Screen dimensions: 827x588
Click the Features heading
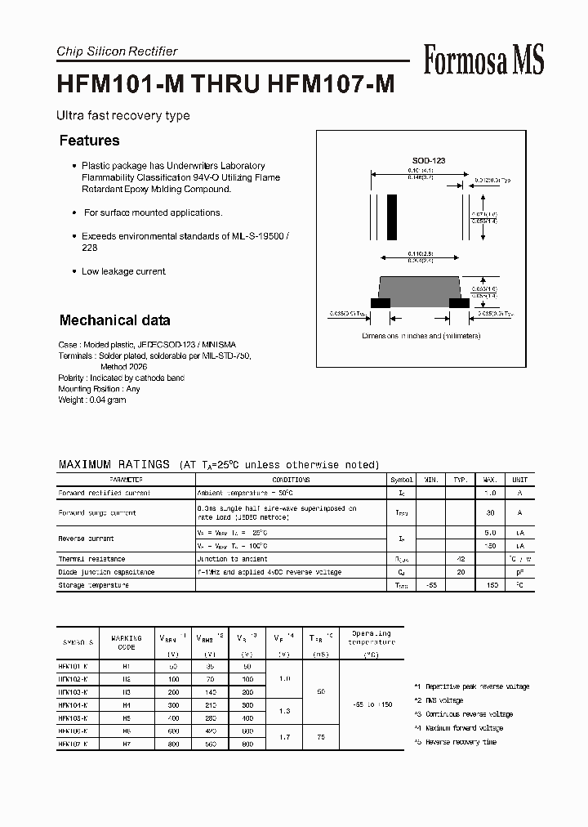pyautogui.click(x=89, y=141)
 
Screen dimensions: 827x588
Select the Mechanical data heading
pyautogui.click(x=114, y=320)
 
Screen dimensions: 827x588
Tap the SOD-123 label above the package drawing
pyautogui.click(x=428, y=161)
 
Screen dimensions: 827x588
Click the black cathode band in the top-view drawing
pyautogui.click(x=392, y=217)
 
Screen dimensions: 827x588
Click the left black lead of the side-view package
pyautogui.click(x=381, y=302)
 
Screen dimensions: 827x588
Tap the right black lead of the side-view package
pyautogui.click(x=460, y=302)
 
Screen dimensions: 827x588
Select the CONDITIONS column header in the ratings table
pyautogui.click(x=291, y=481)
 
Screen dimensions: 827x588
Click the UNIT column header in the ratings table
pyautogui.click(x=519, y=481)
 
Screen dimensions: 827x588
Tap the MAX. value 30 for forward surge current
pyautogui.click(x=491, y=512)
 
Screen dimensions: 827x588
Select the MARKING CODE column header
pyautogui.click(x=127, y=642)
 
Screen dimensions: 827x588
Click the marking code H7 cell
pyautogui.click(x=127, y=744)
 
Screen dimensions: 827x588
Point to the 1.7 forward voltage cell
pyautogui.click(x=284, y=737)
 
